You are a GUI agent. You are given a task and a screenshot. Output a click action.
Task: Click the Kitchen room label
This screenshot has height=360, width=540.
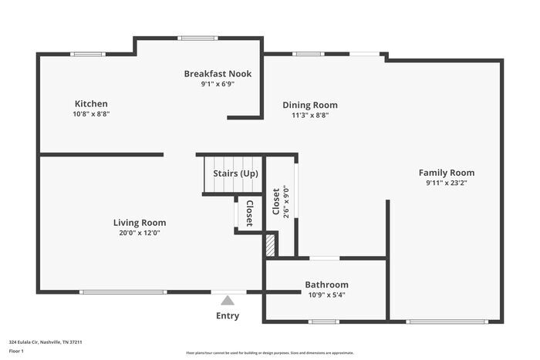pos(91,103)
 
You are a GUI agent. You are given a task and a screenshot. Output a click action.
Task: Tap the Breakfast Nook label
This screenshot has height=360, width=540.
pos(218,74)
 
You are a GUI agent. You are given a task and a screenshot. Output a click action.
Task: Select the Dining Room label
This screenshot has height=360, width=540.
pos(310,105)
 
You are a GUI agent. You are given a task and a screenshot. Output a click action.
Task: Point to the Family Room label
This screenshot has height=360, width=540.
pos(447,173)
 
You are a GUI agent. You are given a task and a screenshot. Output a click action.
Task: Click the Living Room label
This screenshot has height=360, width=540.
pos(140,223)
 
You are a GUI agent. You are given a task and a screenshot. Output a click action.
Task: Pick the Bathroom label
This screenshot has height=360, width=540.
pos(326,284)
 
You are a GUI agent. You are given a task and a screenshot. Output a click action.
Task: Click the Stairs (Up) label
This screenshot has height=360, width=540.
pos(235,173)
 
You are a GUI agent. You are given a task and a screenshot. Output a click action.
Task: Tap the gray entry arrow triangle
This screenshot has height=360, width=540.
pos(228,301)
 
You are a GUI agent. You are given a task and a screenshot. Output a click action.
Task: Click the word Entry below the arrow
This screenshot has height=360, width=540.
pos(228,315)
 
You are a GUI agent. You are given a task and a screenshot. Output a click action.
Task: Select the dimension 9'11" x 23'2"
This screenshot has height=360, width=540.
pos(447,183)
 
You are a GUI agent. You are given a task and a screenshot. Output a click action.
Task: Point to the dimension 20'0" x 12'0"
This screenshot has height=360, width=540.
pos(140,233)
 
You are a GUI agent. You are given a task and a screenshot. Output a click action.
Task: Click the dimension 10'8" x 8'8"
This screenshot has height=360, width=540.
pos(91,114)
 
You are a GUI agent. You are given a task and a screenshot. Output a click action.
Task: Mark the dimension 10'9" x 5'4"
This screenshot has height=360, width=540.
pos(326,295)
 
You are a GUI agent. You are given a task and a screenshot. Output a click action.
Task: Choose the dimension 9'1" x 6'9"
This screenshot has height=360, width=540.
pos(218,84)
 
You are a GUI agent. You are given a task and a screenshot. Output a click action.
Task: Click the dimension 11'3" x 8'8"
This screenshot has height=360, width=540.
pos(310,116)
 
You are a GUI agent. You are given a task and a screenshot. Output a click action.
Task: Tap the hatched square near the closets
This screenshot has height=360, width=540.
pos(271,245)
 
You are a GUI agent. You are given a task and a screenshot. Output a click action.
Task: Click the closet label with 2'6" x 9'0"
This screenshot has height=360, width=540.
pos(276,201)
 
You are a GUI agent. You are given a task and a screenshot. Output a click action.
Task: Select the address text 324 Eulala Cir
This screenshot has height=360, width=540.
pos(24,342)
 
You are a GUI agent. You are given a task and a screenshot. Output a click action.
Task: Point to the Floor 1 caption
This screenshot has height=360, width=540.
pos(16,352)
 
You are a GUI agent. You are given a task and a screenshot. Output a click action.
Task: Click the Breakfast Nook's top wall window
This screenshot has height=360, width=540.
pos(197,39)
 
